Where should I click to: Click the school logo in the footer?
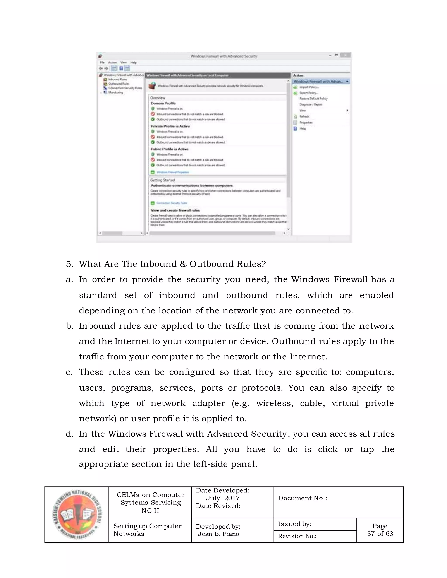[x=77, y=515]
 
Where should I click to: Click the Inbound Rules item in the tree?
[x=117, y=79]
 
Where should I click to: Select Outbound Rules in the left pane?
[x=118, y=84]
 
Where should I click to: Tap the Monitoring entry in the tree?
[x=115, y=92]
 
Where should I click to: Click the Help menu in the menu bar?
[x=133, y=62]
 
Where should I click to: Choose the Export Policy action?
[x=308, y=93]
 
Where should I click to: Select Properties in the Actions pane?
[x=306, y=123]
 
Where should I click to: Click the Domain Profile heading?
[x=163, y=103]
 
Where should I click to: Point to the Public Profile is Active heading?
[x=169, y=149]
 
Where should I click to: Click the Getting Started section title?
[x=162, y=180]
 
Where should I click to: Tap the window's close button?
[x=345, y=55]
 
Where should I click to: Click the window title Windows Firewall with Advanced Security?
[x=224, y=56]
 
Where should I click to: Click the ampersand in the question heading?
[x=183, y=264]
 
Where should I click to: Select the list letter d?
[x=69, y=434]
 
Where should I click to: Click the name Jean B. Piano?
[x=218, y=534]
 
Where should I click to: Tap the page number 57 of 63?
[x=380, y=534]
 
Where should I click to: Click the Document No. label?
[x=302, y=498]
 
